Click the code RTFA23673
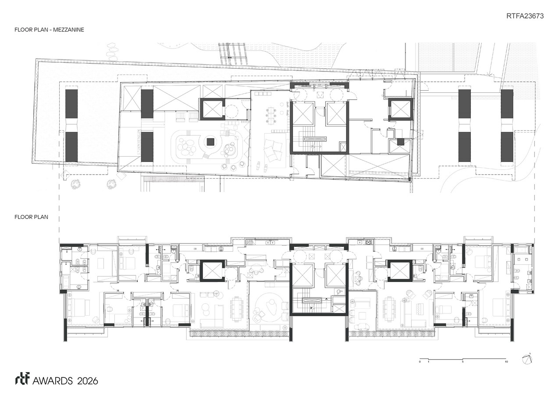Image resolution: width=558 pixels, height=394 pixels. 525,16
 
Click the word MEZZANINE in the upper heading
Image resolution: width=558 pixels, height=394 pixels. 69,30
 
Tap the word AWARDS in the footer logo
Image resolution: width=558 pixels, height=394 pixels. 53,381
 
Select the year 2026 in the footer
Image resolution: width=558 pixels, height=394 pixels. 87,381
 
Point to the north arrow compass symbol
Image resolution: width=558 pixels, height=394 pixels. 527,359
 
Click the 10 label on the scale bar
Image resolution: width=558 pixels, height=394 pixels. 506,362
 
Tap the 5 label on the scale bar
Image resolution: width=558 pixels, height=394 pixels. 463,362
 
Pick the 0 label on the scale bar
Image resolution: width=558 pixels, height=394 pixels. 420,362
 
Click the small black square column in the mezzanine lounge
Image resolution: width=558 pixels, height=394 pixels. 210,142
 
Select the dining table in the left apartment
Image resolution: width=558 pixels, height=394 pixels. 237,310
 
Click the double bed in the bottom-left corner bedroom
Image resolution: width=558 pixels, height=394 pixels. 79,307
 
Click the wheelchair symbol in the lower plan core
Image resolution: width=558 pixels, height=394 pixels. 339,291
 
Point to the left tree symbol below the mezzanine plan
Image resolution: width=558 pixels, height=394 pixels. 75,184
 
